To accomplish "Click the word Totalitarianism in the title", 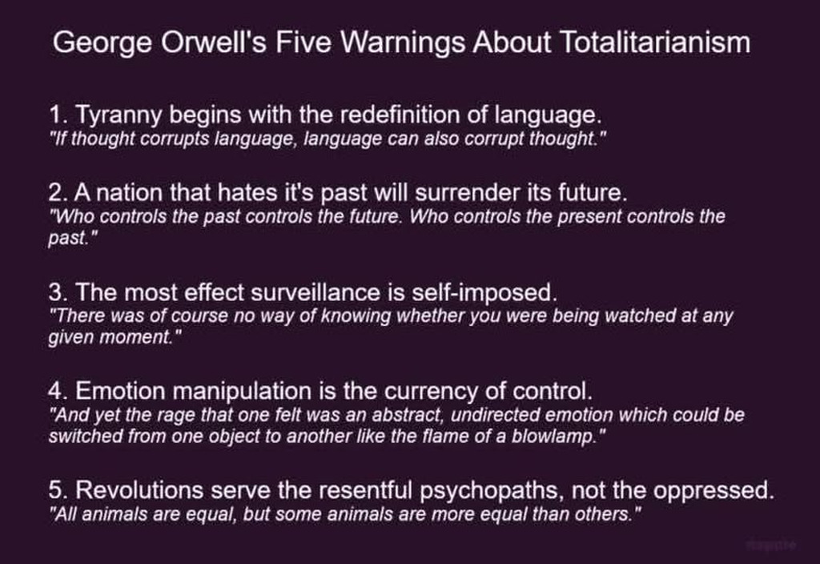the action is (x=655, y=42).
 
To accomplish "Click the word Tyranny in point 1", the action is (x=119, y=115).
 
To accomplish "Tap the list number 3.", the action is (x=55, y=292).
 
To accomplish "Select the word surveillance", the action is (x=315, y=292).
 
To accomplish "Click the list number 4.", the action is (x=55, y=391).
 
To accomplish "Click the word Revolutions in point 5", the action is (x=139, y=490).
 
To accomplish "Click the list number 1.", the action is (x=55, y=115).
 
